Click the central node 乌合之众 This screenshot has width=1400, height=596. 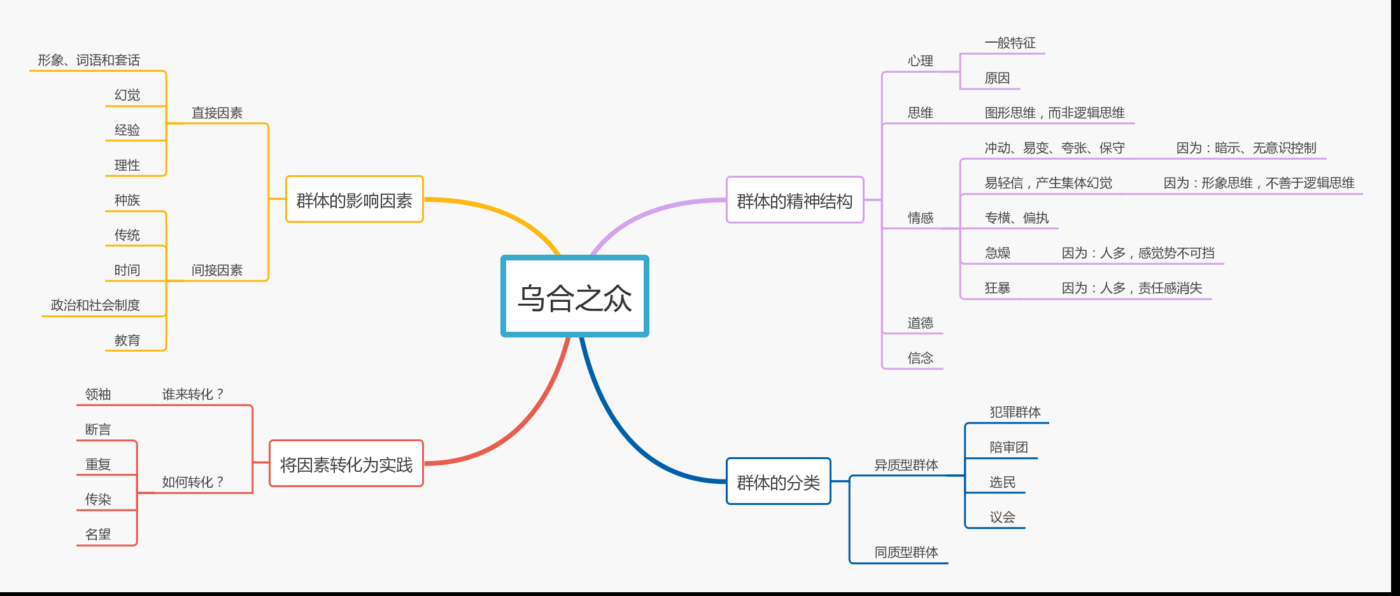pos(574,297)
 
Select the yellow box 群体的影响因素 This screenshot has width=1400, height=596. pos(355,200)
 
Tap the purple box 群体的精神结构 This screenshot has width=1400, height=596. pos(795,201)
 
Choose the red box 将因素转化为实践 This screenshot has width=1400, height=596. pos(346,464)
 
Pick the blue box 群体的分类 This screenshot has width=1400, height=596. pos(778,482)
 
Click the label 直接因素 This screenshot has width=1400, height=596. pos(217,113)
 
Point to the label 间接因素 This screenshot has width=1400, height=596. pos(217,270)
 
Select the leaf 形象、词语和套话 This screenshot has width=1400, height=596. pos(88,60)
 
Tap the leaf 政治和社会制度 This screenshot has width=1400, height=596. pos(95,305)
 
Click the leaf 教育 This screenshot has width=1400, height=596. pos(127,340)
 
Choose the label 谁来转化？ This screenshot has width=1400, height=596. pos(193,394)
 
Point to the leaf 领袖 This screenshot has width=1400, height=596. pos(98,394)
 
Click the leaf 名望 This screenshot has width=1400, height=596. pos(98,534)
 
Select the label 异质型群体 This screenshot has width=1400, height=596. pos(906,465)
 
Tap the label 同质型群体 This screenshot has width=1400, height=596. pos(906,552)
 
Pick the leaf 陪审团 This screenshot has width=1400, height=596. pos(1008,447)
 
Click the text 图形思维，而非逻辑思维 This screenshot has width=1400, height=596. pos(1054,113)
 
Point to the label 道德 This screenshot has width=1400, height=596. pos(921,323)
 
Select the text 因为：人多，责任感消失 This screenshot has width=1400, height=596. pos(1132,288)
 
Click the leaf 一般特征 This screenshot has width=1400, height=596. pos(1010,43)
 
